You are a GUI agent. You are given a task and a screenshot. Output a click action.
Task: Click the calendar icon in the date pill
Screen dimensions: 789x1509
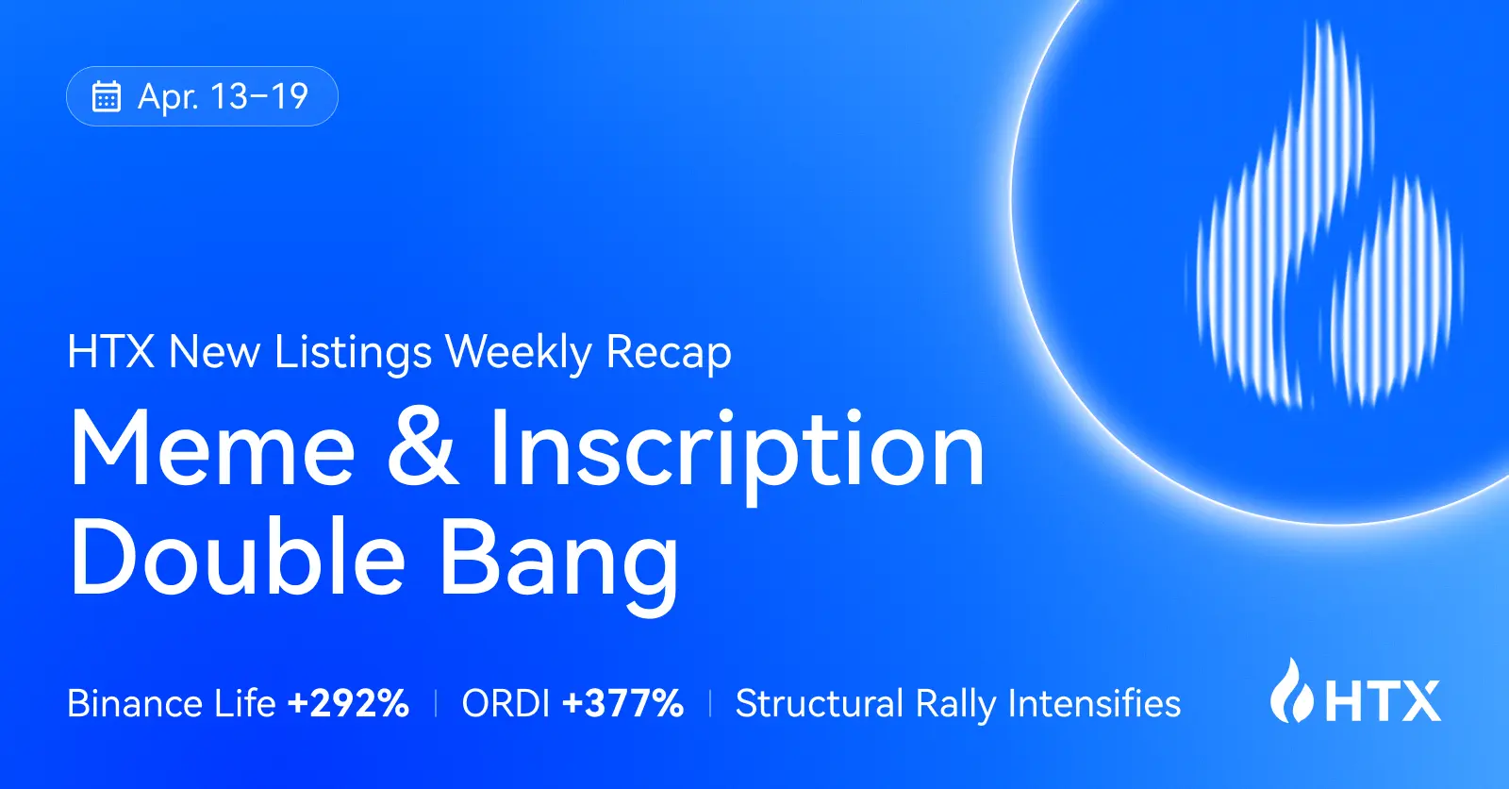107,96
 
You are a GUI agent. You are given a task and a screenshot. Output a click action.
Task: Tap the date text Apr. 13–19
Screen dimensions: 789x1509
223,96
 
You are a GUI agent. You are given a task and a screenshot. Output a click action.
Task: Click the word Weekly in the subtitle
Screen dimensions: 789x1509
518,353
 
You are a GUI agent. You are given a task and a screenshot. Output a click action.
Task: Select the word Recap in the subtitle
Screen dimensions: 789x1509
669,353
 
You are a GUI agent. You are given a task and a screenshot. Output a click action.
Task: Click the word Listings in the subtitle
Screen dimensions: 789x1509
353,353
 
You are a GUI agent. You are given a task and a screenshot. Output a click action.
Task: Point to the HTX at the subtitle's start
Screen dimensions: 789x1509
110,352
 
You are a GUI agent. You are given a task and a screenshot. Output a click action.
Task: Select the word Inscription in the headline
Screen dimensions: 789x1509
737,451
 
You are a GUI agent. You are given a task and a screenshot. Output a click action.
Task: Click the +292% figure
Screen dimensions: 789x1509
348,704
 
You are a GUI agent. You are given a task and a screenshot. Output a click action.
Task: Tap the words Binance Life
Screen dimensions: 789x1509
171,704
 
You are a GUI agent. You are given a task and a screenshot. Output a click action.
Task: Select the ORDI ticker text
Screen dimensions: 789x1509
506,704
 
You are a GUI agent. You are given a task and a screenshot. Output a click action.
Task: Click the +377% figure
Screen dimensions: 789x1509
622,704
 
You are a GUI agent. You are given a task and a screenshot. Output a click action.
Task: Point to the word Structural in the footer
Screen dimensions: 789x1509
819,704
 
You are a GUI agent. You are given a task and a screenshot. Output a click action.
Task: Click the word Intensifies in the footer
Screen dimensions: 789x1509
1094,704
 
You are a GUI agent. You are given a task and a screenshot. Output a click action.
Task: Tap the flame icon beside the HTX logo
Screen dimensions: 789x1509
1291,692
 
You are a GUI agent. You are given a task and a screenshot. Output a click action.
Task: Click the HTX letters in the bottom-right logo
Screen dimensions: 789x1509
1384,701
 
